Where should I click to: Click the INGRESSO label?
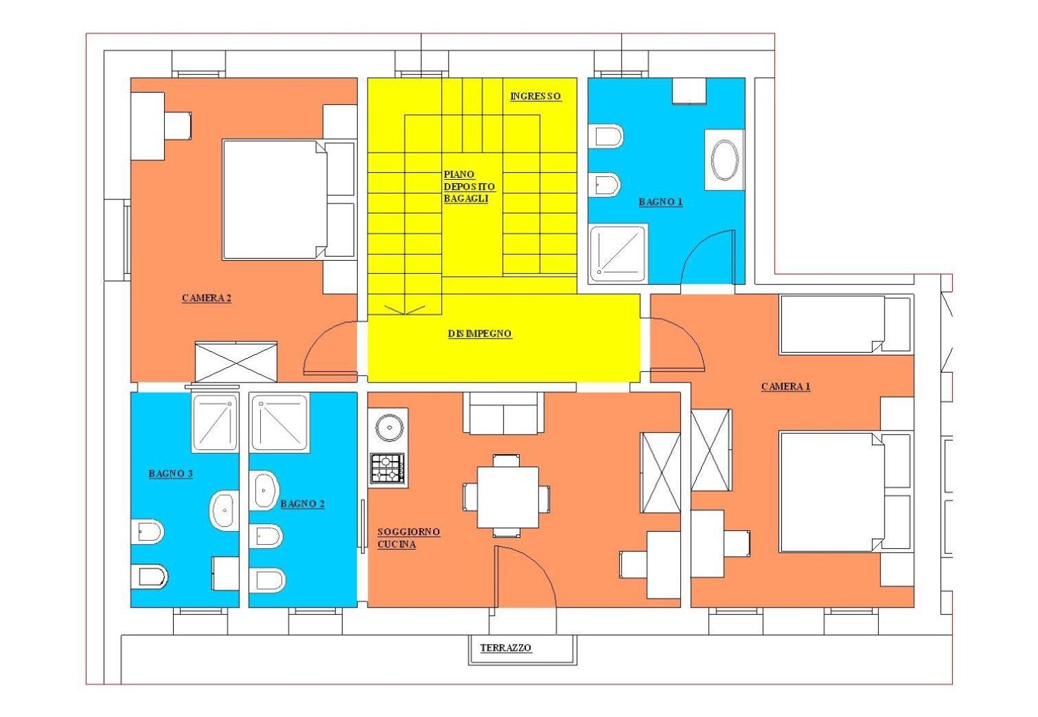[x=535, y=96]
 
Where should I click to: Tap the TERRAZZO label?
[x=505, y=648]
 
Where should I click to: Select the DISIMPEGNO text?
[x=480, y=333]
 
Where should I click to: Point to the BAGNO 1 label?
[x=660, y=202]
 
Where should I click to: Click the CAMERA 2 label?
[x=206, y=298]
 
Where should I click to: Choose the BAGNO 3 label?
[x=170, y=473]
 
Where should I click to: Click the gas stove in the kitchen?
[x=388, y=468]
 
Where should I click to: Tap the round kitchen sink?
[x=389, y=427]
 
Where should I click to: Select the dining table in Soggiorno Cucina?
[x=508, y=497]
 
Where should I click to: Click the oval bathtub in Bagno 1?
[x=725, y=160]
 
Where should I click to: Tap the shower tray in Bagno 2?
[x=279, y=423]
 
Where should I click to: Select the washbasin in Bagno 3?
[x=224, y=510]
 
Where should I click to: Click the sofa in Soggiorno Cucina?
[x=504, y=413]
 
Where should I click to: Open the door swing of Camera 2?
[x=330, y=347]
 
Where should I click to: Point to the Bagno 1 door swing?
[x=708, y=257]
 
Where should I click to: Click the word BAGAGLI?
[x=466, y=199]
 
